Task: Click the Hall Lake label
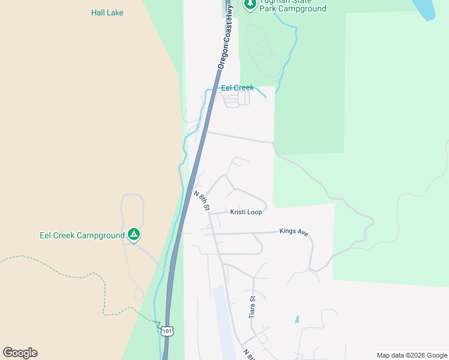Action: (107, 13)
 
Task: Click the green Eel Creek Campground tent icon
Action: (134, 235)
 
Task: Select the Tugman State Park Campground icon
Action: (250, 4)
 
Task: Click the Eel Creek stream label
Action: (237, 88)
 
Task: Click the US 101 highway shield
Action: (167, 330)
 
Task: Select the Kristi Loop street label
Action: (246, 212)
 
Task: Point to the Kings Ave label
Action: (294, 231)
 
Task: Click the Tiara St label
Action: (253, 307)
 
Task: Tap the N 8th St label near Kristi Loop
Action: (202, 200)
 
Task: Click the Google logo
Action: (20, 353)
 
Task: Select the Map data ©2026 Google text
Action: (412, 355)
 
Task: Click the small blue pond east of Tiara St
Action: (297, 320)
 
